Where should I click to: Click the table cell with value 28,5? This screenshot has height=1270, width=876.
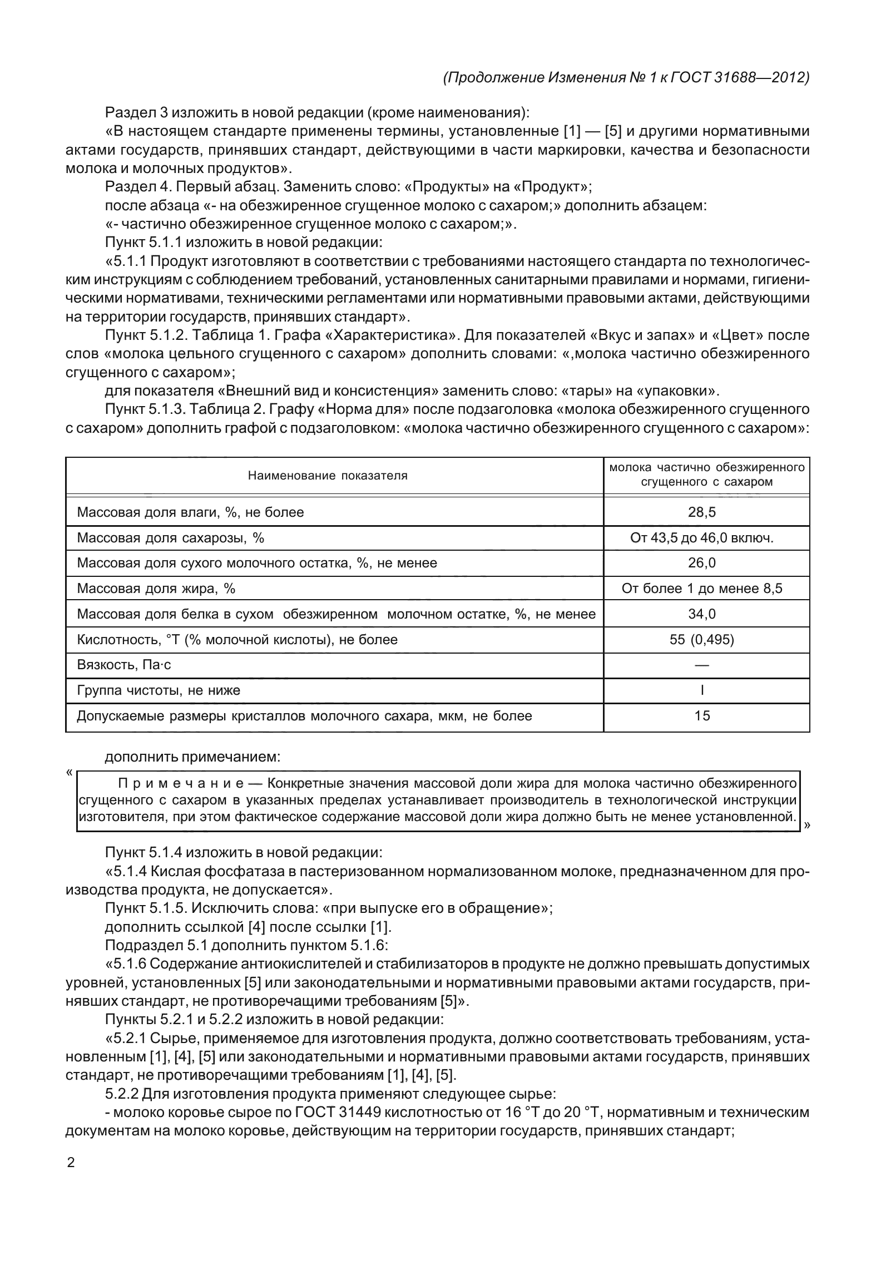click(x=702, y=512)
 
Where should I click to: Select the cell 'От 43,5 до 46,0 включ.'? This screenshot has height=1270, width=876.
click(x=702, y=538)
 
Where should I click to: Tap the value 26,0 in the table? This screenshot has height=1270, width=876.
click(x=702, y=563)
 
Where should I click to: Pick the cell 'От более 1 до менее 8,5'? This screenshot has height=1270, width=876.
click(x=702, y=589)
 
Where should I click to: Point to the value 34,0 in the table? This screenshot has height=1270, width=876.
click(x=702, y=614)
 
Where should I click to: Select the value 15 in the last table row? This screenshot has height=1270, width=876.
click(x=702, y=716)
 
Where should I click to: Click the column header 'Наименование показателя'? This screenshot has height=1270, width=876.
click(x=328, y=476)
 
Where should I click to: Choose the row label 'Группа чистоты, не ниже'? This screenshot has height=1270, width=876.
click(x=159, y=691)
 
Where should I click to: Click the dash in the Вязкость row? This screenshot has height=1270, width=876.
click(x=702, y=665)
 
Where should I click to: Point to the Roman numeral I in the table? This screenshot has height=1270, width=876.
click(x=702, y=691)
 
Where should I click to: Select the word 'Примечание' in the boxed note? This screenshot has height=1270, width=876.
click(x=181, y=784)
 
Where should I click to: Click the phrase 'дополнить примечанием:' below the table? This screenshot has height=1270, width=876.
click(x=192, y=757)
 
